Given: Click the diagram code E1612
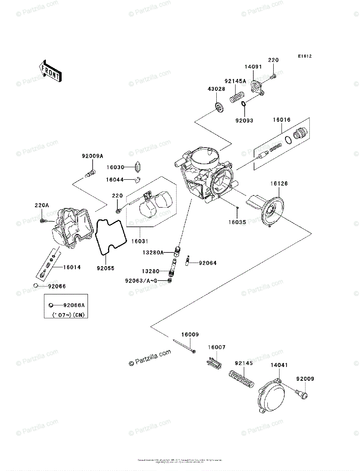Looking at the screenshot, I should coord(304,57).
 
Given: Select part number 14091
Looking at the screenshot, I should coord(254,67).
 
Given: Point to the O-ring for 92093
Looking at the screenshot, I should coord(244,104).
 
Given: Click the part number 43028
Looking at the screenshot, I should coord(216,89).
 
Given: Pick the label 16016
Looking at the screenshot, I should coord(282,120).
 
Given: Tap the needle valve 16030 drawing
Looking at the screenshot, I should coord(137,167).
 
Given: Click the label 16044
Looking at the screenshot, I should coord(115,180).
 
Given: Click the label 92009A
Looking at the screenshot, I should coord(92,156).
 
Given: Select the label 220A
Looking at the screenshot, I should coord(42,205).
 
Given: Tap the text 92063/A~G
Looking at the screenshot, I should coord(141,281).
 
